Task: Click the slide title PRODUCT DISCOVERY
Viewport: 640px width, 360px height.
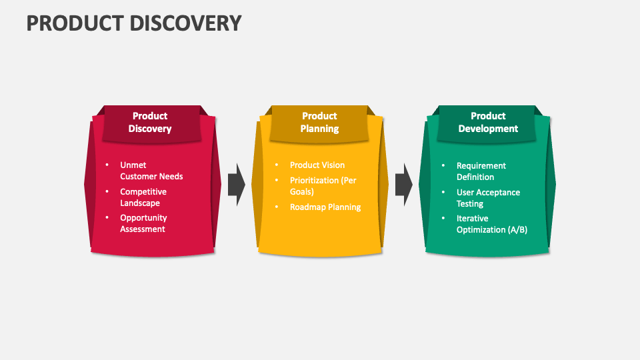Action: click(x=134, y=23)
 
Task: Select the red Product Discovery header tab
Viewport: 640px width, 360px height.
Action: click(x=151, y=124)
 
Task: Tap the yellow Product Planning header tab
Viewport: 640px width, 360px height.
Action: click(x=319, y=124)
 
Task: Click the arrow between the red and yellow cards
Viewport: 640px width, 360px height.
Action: click(x=236, y=185)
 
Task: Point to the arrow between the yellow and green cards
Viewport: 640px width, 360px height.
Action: click(x=404, y=185)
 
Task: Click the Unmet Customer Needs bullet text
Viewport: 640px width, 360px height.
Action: click(x=151, y=171)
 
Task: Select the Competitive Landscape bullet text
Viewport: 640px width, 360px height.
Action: click(x=143, y=197)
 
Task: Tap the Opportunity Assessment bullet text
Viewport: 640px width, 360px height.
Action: click(x=143, y=223)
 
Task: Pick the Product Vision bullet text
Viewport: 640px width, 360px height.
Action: click(x=317, y=165)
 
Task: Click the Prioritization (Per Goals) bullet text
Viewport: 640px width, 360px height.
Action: click(x=323, y=186)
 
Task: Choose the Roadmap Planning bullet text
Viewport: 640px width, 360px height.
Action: click(x=325, y=207)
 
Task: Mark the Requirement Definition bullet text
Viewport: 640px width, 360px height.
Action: click(x=481, y=171)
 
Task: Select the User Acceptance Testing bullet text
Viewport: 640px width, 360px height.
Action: click(x=488, y=198)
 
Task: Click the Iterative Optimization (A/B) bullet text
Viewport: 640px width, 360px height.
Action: click(x=492, y=224)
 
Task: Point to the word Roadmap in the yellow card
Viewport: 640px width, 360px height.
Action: click(x=307, y=207)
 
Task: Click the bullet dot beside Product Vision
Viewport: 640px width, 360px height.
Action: click(x=277, y=165)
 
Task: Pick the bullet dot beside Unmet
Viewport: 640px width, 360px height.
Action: click(x=107, y=165)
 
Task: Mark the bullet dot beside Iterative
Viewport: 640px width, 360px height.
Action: click(x=443, y=219)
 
